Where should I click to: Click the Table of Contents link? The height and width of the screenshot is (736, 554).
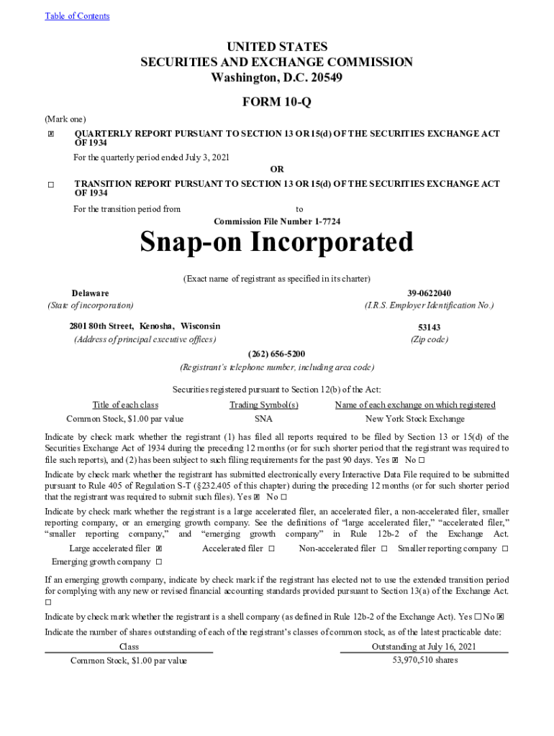tap(77, 16)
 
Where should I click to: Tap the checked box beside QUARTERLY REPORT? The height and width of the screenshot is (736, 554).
tap(51, 134)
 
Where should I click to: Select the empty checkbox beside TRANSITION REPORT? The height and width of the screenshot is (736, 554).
tap(51, 185)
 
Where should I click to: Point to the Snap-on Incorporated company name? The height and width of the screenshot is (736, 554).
tap(277, 243)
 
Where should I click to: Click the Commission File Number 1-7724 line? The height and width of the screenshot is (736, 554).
tap(277, 221)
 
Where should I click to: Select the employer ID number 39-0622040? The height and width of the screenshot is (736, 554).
tap(430, 293)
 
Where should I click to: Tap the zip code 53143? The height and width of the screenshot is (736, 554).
tap(430, 327)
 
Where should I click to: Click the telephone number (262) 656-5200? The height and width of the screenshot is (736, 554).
tap(277, 354)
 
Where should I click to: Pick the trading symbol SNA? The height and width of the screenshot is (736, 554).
tap(263, 419)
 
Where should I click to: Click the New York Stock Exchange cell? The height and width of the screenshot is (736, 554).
tap(415, 419)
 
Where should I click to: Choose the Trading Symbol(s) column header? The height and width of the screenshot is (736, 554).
tap(263, 405)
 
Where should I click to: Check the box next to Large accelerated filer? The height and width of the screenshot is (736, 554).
tap(158, 549)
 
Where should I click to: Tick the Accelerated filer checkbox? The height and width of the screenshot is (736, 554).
tap(271, 549)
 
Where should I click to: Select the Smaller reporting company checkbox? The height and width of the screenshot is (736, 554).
tap(505, 549)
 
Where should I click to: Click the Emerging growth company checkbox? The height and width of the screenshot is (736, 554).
tap(158, 562)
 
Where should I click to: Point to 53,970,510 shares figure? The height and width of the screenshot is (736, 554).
tap(424, 660)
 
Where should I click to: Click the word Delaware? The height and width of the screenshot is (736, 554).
tap(91, 293)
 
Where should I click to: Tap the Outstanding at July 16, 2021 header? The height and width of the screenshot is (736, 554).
tap(424, 647)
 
